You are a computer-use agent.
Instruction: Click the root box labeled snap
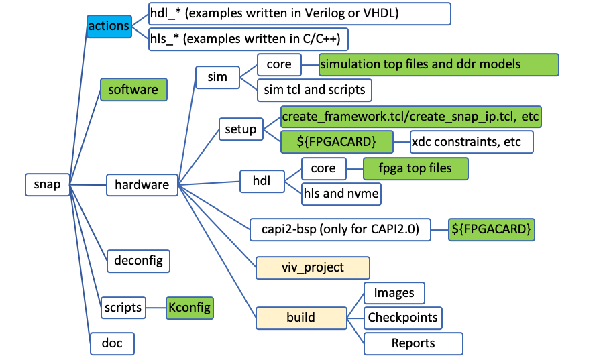pyautogui.click(x=47, y=184)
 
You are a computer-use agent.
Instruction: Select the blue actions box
pyautogui.click(x=108, y=26)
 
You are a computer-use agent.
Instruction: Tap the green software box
pyautogui.click(x=133, y=89)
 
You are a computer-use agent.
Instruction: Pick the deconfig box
pyautogui.click(x=138, y=259)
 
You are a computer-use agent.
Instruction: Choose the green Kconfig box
pyautogui.click(x=190, y=308)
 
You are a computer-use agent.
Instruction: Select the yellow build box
pyautogui.click(x=300, y=316)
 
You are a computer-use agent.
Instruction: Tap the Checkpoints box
pyautogui.click(x=402, y=317)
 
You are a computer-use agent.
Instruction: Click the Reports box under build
pyautogui.click(x=413, y=343)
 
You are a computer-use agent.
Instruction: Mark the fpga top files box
pyautogui.click(x=415, y=167)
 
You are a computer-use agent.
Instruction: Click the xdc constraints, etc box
pyautogui.click(x=472, y=141)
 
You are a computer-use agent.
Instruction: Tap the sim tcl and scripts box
pyautogui.click(x=315, y=89)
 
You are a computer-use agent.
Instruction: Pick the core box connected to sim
pyautogui.click(x=278, y=64)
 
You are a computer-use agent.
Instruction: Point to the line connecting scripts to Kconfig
pyautogui.click(x=157, y=308)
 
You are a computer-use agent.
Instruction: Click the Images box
pyautogui.click(x=394, y=292)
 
